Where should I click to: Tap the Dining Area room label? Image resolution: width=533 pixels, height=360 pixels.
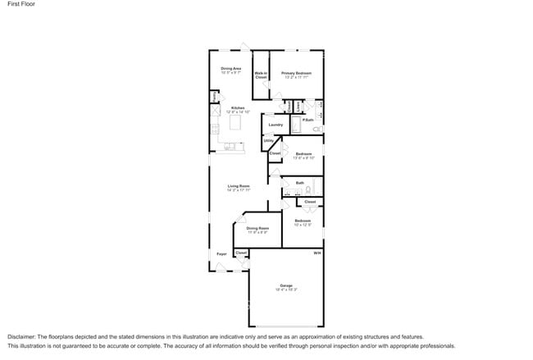click(230, 69)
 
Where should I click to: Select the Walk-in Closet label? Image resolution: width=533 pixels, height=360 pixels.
click(260, 75)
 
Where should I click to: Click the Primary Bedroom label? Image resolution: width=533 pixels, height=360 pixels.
click(296, 73)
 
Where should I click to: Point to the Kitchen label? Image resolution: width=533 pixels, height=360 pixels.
click(237, 107)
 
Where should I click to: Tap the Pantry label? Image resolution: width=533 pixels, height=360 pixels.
click(215, 97)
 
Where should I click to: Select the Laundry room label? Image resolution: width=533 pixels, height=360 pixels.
click(276, 125)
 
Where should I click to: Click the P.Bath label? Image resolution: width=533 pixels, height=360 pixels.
click(307, 120)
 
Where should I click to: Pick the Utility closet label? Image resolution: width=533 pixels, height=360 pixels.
click(268, 141)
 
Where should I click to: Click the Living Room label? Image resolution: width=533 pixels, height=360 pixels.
click(239, 186)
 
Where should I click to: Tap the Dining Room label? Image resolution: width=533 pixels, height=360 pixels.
click(258, 228)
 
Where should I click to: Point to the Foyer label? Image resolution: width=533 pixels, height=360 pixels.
click(221, 254)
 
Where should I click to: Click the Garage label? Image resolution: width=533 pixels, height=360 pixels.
click(285, 285)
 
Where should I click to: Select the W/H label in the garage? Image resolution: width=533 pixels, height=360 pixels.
click(317, 253)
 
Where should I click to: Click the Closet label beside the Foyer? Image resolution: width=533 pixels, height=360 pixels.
click(241, 253)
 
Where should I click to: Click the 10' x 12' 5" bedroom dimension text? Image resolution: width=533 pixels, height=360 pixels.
click(303, 224)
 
